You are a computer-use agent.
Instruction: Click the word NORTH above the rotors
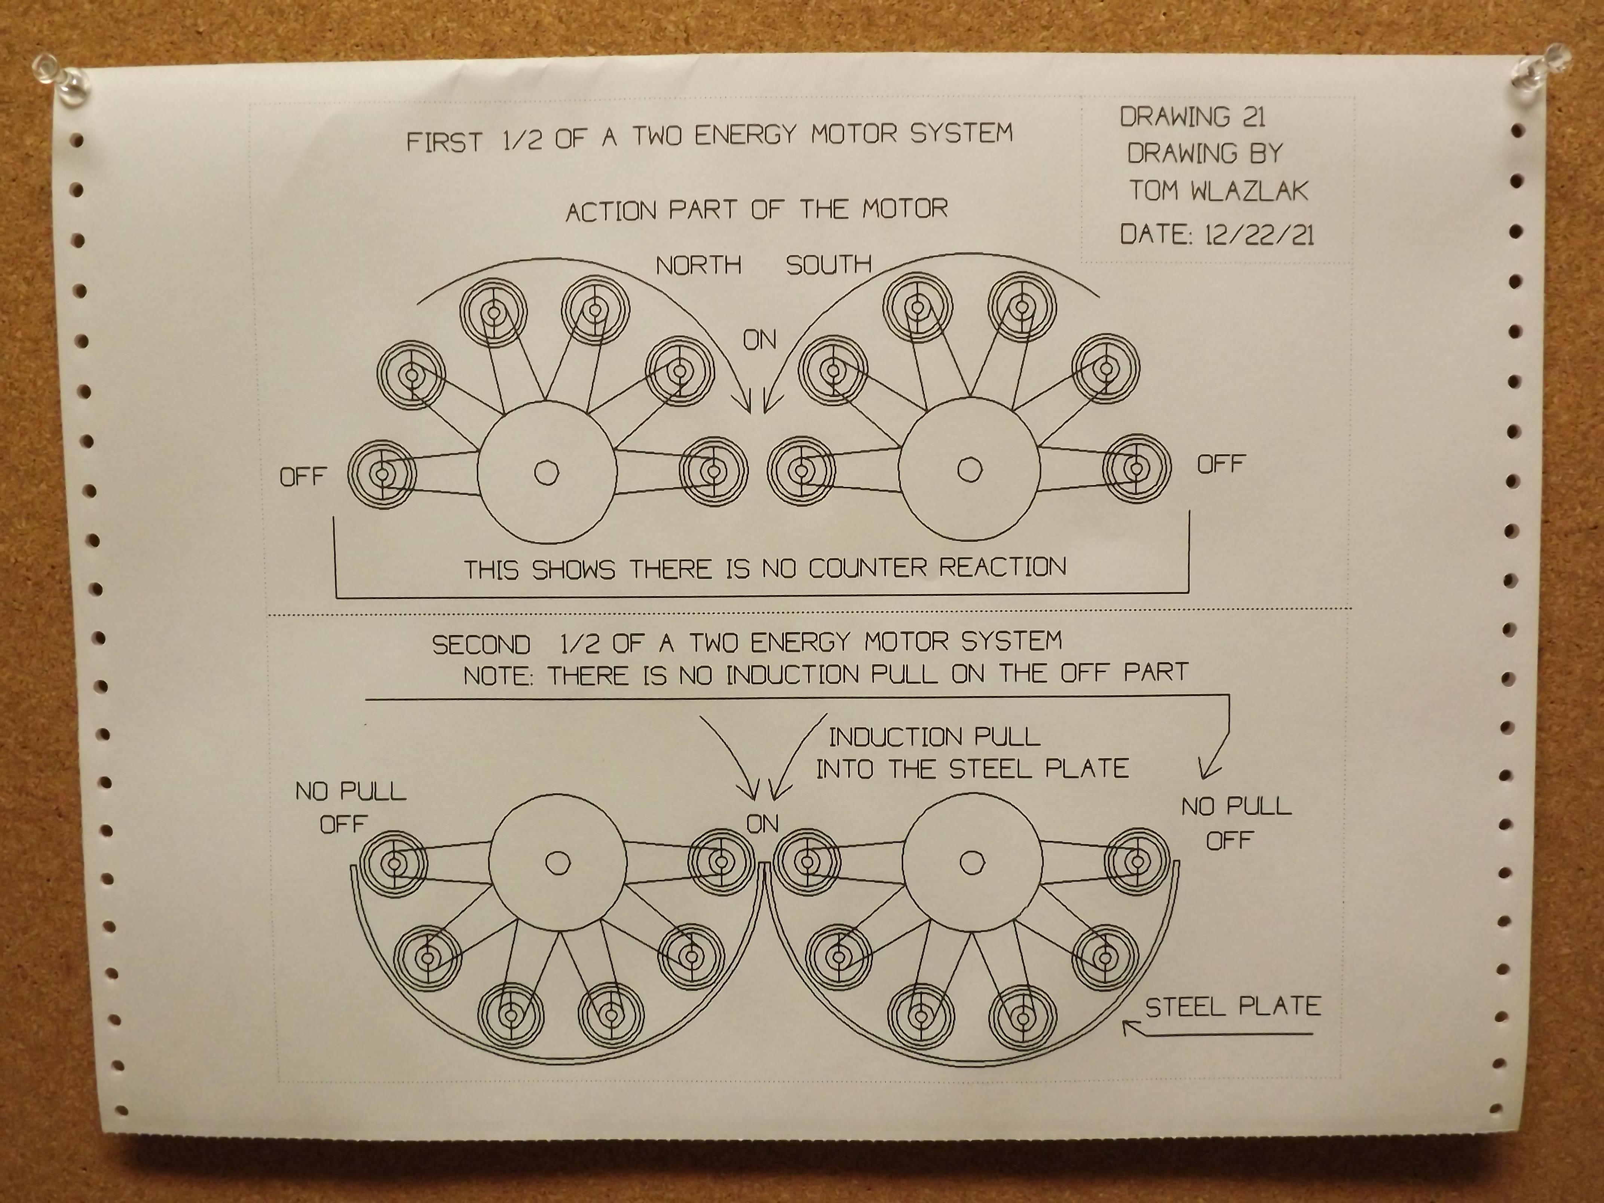(698, 265)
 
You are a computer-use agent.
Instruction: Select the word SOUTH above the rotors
(828, 265)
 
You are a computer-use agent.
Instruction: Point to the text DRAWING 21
(1192, 117)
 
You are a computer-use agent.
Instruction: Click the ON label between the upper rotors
(759, 339)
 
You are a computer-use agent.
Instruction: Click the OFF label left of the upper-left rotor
(303, 477)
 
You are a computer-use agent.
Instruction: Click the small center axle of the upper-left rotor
(546, 473)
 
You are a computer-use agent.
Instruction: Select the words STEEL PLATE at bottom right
(1233, 1007)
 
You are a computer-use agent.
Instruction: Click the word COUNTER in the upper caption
(867, 568)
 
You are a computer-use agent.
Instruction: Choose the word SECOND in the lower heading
(481, 645)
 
